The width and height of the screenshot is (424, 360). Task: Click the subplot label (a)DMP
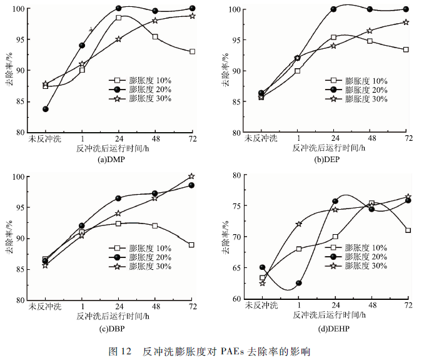[112, 160]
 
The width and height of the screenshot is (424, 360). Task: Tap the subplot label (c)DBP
[111, 327]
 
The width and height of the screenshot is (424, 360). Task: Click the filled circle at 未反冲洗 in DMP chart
[46, 109]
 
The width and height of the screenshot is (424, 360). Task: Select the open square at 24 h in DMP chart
[118, 18]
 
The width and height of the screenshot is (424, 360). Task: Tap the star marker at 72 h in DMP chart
[192, 16]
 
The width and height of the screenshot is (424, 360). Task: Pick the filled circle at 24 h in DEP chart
[334, 9]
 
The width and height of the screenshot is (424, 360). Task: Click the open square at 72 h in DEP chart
[406, 49]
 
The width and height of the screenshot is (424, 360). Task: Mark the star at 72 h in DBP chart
[191, 177]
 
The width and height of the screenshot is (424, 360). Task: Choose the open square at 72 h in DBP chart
[191, 245]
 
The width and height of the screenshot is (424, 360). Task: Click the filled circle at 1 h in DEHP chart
[299, 283]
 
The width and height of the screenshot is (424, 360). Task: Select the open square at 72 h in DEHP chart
[407, 230]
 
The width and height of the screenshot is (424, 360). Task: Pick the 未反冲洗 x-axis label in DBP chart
[45, 307]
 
